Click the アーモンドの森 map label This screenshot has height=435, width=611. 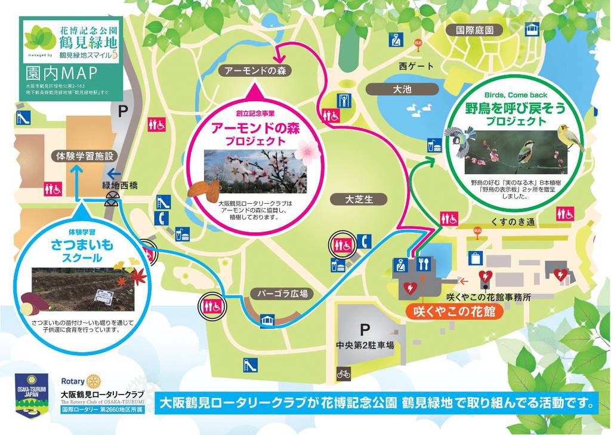[x=254, y=71]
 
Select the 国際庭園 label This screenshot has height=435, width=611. [x=475, y=30]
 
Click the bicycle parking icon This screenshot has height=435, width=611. [x=344, y=374]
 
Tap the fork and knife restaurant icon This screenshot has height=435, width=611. [x=424, y=263]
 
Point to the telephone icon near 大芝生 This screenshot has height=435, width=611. [x=365, y=241]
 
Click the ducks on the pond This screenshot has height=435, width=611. [x=419, y=108]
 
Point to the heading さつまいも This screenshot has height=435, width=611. [x=82, y=244]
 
